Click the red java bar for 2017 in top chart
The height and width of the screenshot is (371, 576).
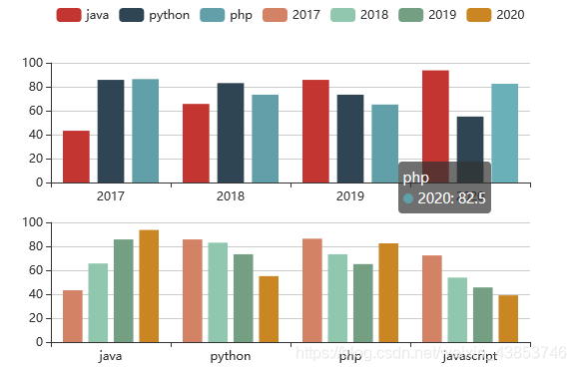76,157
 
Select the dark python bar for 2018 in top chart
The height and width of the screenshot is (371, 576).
231,133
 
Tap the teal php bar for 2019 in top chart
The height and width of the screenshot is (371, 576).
384,144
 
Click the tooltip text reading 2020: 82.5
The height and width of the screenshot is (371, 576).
452,198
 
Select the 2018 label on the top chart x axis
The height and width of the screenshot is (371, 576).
231,195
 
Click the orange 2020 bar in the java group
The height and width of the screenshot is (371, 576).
149,286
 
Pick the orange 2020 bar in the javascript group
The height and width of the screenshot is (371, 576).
508,318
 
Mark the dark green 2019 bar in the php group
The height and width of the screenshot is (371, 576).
362,303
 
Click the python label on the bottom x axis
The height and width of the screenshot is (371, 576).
231,355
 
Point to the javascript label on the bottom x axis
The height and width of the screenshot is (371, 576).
470,355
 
